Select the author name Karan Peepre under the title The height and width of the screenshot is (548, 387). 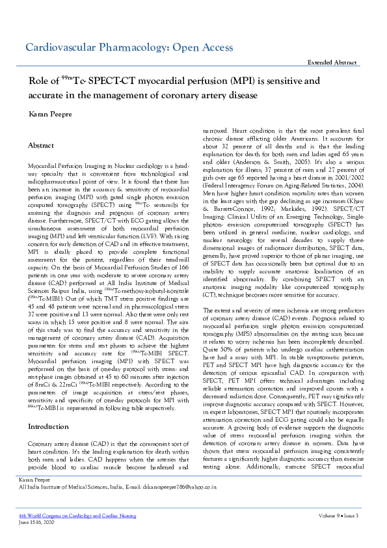(50, 115)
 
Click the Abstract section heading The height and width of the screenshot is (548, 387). (42, 146)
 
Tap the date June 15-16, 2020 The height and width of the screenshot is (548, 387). (36, 522)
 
